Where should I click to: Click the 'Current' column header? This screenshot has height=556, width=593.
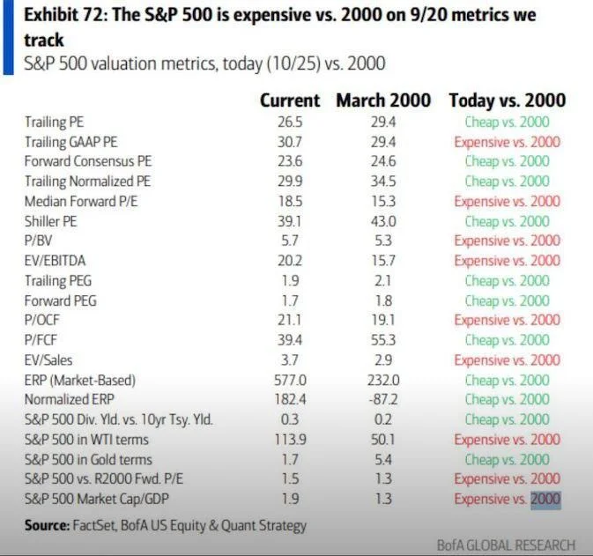pyautogui.click(x=290, y=100)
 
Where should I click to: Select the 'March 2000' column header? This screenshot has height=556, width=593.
pyautogui.click(x=383, y=100)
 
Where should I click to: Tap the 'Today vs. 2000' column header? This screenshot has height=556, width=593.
pyautogui.click(x=507, y=100)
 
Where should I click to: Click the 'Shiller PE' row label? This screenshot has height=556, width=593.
pyautogui.click(x=51, y=221)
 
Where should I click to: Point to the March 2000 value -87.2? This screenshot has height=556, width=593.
pyautogui.click(x=383, y=400)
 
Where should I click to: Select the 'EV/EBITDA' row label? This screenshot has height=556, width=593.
pyautogui.click(x=55, y=261)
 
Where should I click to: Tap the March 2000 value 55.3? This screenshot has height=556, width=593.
pyautogui.click(x=383, y=340)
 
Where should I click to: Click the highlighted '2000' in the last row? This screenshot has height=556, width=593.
pyautogui.click(x=545, y=500)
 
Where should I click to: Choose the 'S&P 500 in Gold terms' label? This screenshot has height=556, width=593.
pyautogui.click(x=88, y=459)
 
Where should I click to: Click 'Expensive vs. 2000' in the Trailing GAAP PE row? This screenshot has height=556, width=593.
pyautogui.click(x=507, y=142)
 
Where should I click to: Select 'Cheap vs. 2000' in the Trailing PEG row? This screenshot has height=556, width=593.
pyautogui.click(x=507, y=280)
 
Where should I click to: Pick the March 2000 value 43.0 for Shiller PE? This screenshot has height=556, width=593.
pyautogui.click(x=383, y=221)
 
